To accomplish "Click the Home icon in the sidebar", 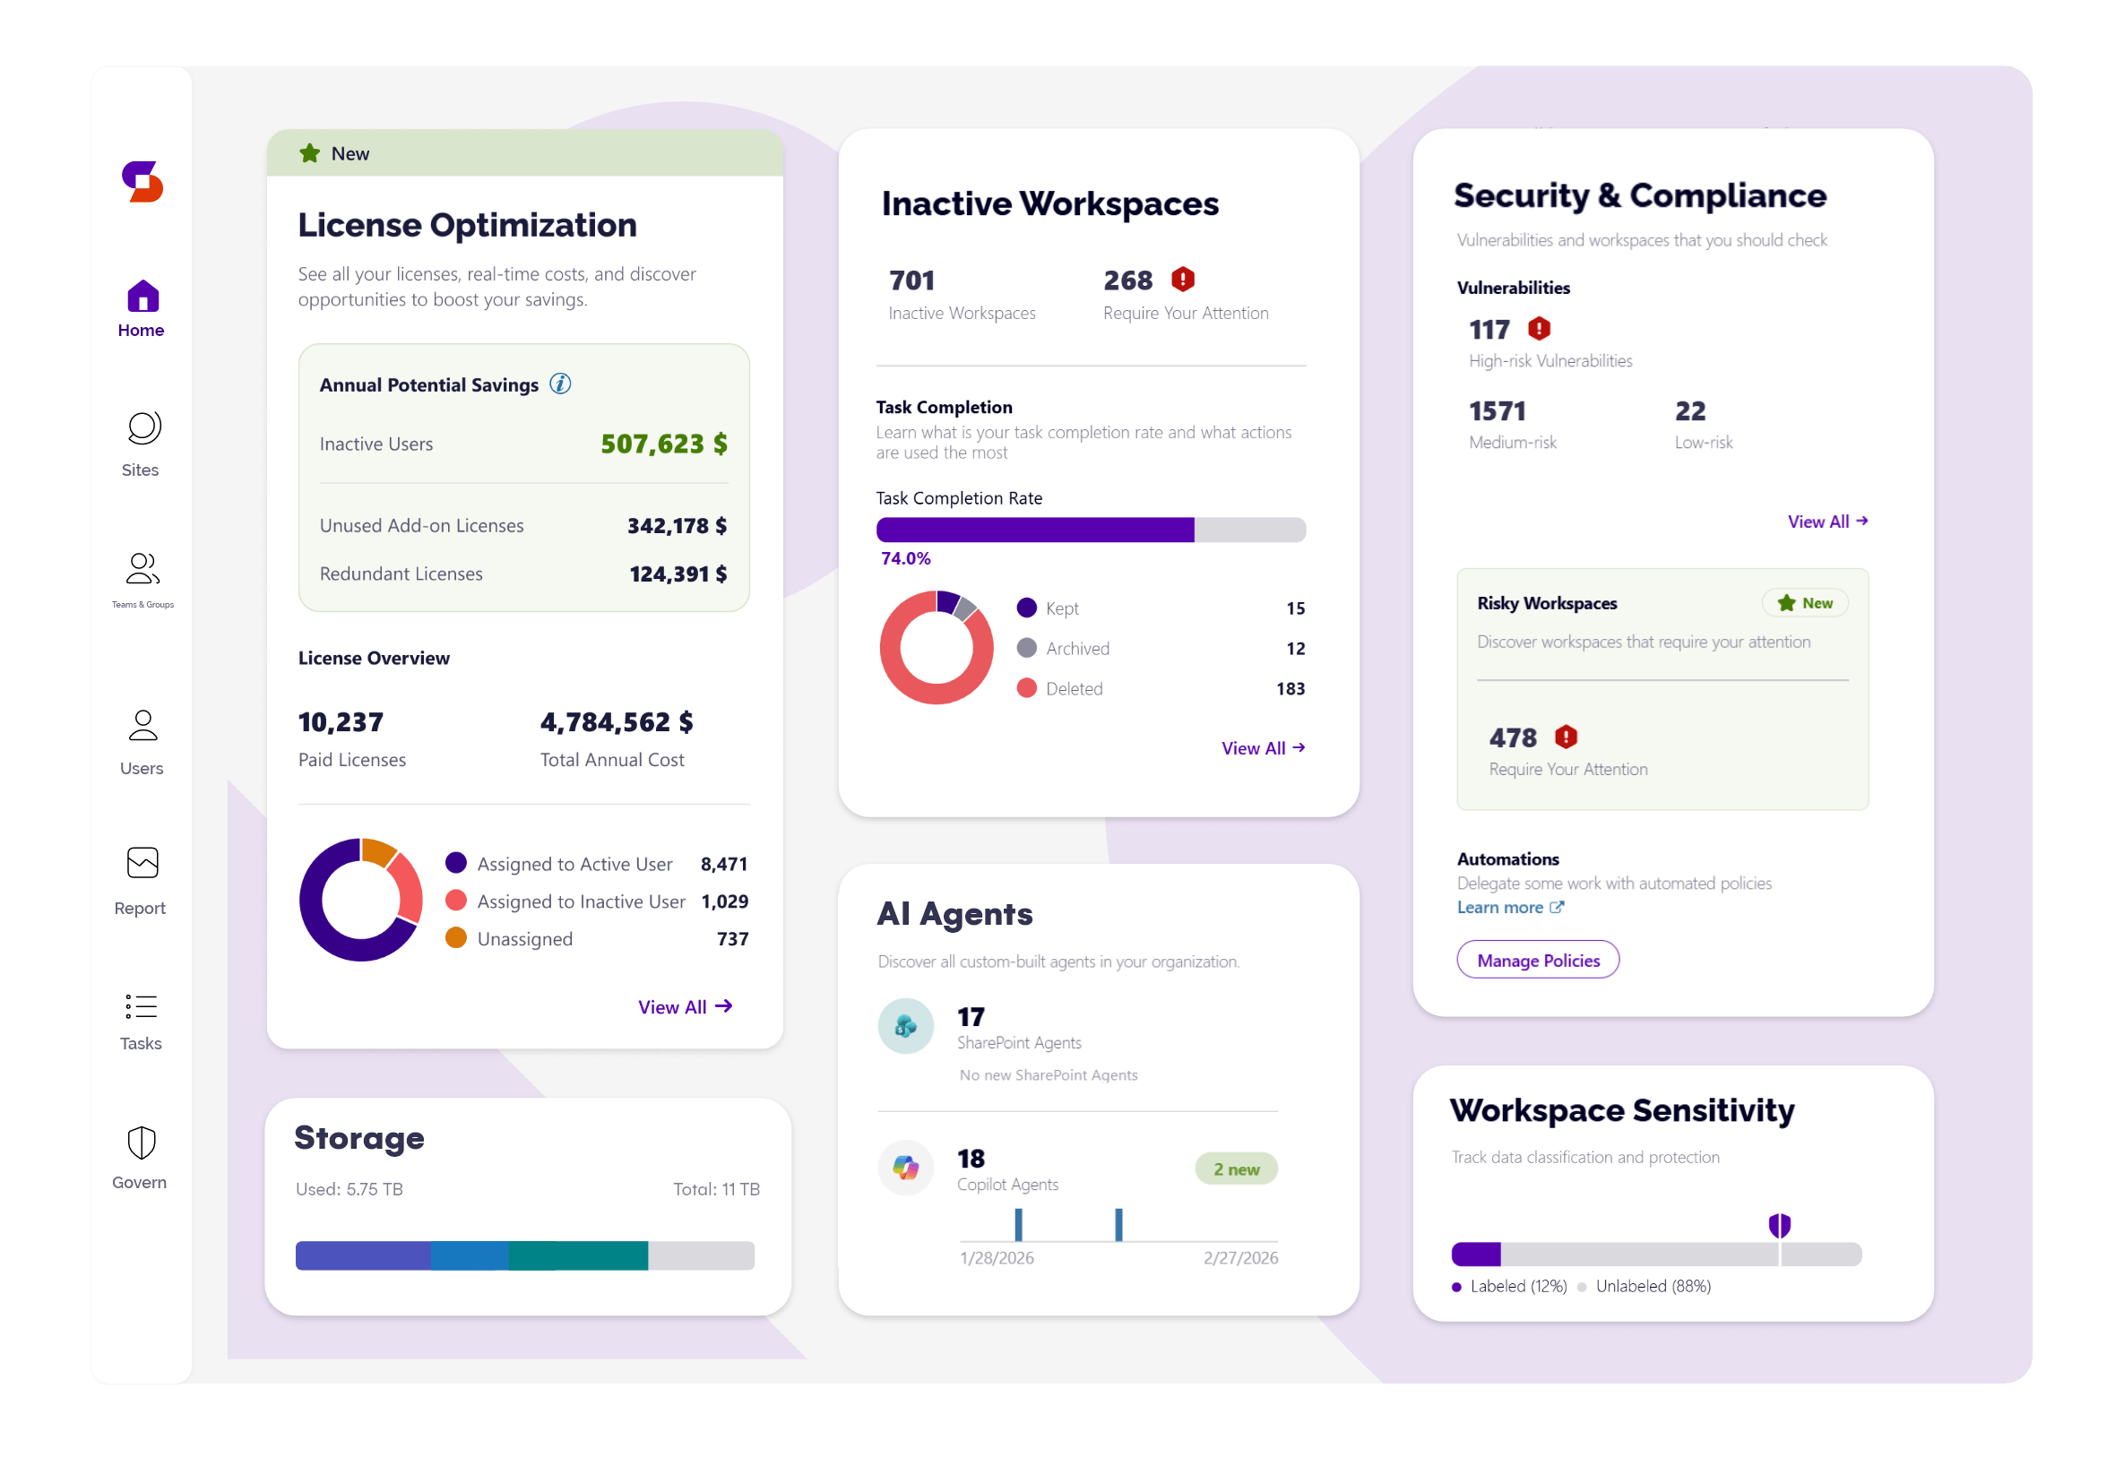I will [x=142, y=297].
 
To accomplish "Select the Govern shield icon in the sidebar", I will [x=142, y=1143].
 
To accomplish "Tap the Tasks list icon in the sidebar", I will [x=142, y=1007].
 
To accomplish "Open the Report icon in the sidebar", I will [x=142, y=864].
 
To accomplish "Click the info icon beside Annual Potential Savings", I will [x=560, y=384].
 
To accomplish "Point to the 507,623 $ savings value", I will [x=663, y=444].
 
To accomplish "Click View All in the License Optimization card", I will [x=685, y=1006].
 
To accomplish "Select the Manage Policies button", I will [x=1537, y=960].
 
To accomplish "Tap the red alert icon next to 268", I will [x=1183, y=280].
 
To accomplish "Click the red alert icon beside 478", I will [x=1566, y=737].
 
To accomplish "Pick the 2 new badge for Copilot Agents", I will [x=1235, y=1169].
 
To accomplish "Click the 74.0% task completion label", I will [x=905, y=558].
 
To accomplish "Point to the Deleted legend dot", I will [x=1027, y=688].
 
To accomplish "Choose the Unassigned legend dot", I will [x=455, y=938].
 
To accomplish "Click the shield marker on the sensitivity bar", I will [x=1779, y=1225].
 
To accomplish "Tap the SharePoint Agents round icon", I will [x=905, y=1026].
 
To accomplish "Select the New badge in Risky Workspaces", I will [x=1805, y=603].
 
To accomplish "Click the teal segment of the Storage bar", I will [x=579, y=1255].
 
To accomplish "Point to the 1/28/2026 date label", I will [x=997, y=1258].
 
